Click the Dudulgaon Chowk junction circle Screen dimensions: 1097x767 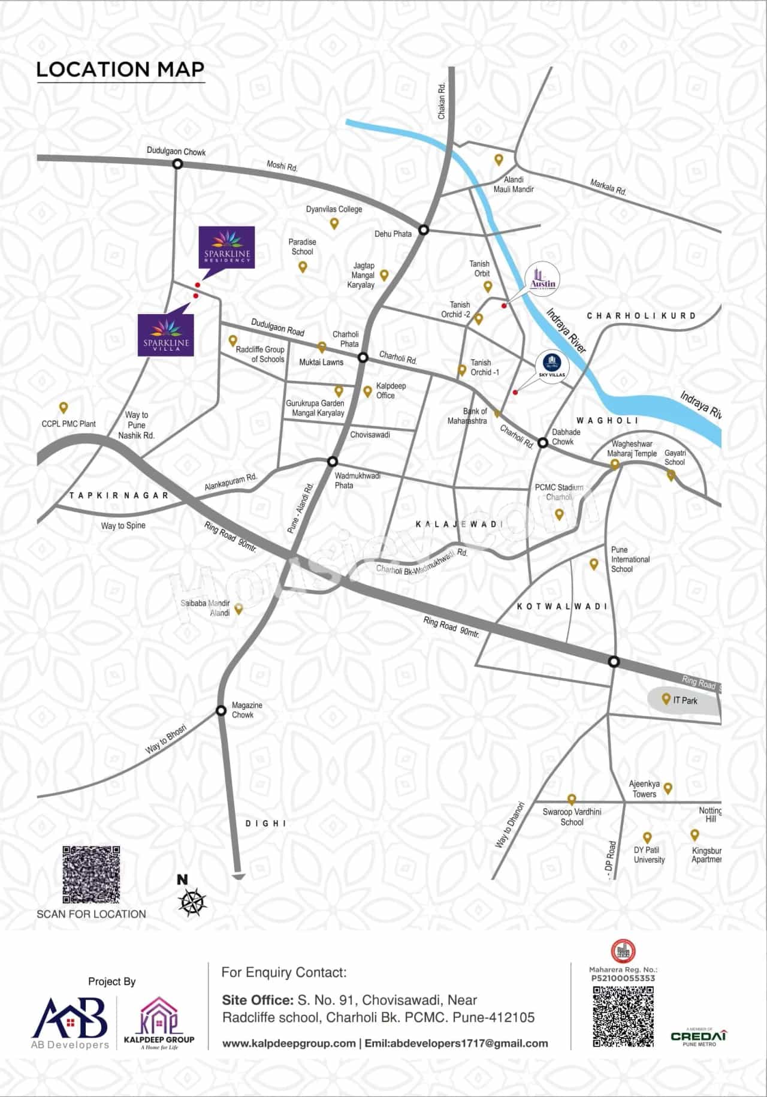pyautogui.click(x=177, y=164)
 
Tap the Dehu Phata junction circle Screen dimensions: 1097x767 pyautogui.click(x=424, y=230)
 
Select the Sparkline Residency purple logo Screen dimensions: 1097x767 pyautogui.click(x=227, y=247)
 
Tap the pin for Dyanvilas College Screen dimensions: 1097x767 pyautogui.click(x=334, y=224)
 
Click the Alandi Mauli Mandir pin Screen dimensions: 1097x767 pyautogui.click(x=499, y=160)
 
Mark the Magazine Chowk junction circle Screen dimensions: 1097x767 pyautogui.click(x=221, y=712)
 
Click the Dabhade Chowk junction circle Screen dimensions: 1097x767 pyautogui.click(x=543, y=443)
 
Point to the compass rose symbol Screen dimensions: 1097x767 pyautogui.click(x=192, y=902)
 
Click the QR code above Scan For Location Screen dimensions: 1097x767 pyautogui.click(x=92, y=875)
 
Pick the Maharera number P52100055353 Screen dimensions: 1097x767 pyautogui.click(x=623, y=978)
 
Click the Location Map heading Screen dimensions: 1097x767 pyautogui.click(x=120, y=70)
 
